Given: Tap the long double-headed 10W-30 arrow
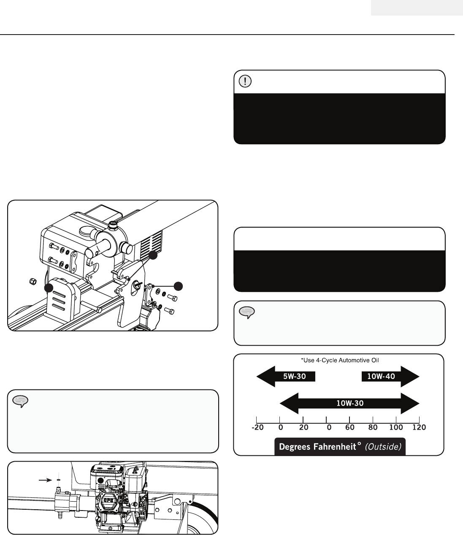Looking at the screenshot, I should tap(349, 403).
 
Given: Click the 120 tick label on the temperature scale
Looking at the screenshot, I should tap(419, 427).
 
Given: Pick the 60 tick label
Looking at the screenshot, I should tap(349, 427).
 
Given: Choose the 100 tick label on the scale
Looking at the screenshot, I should tap(396, 427).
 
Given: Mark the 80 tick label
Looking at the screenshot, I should tap(373, 427).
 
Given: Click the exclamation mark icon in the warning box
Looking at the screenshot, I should tap(245, 81).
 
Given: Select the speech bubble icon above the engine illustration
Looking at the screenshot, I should tap(20, 401).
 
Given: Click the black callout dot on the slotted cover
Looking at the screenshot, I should tap(49, 288).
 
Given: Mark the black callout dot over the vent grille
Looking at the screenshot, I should tap(153, 255).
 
